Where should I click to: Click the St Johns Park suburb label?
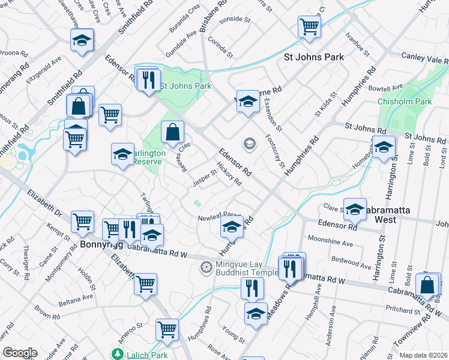tap(313, 58)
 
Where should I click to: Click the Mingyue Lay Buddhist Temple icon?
tap(206, 266)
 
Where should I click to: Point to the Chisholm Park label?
tap(405, 102)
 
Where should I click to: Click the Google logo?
tap(19, 353)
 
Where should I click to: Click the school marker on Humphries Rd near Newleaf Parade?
tap(232, 227)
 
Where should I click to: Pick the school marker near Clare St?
tap(355, 208)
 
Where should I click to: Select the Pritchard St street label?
tap(403, 311)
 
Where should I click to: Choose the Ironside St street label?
tap(235, 19)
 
